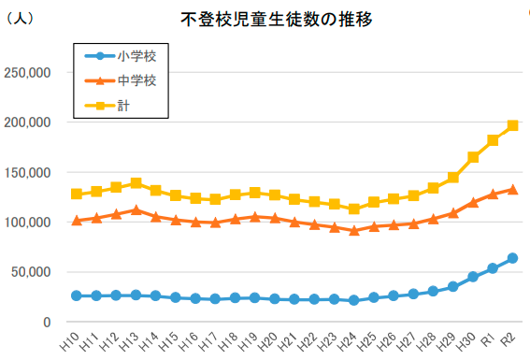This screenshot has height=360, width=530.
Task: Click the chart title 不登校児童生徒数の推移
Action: point(276,20)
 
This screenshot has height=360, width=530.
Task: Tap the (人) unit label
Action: point(20,18)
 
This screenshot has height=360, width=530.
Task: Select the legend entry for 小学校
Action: point(121,56)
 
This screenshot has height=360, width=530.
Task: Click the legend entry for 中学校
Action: point(121,80)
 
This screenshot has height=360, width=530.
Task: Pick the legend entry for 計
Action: point(107,106)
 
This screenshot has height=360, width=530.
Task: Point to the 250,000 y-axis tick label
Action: point(27,73)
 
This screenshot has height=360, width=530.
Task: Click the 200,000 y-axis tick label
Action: point(27,122)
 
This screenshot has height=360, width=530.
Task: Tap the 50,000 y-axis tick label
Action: point(31,272)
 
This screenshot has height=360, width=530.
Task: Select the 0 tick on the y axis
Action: point(47,323)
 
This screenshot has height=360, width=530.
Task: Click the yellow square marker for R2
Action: point(512,125)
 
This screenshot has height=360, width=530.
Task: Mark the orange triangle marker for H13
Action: point(136,209)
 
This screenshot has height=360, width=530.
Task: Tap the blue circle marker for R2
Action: point(512,258)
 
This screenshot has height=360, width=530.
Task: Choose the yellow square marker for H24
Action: point(354,209)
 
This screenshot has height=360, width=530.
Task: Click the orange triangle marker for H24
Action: point(354,231)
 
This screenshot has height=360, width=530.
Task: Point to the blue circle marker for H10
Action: point(77,295)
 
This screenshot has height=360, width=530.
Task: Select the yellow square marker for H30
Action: point(473,157)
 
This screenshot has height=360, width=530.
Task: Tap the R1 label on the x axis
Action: point(488,339)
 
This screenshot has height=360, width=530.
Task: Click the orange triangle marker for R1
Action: point(493,194)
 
